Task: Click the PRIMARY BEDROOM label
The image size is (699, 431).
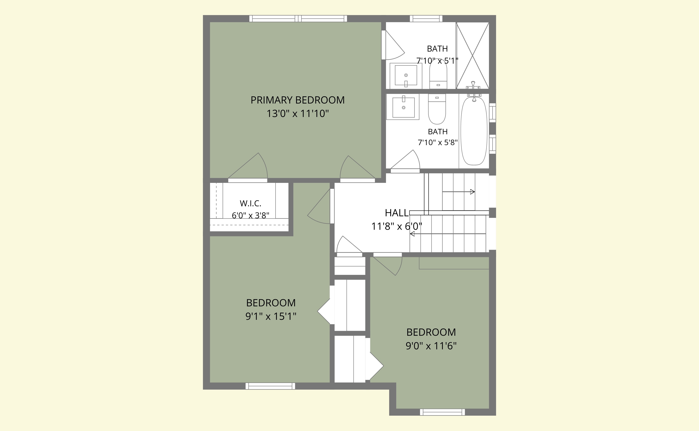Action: click(297, 100)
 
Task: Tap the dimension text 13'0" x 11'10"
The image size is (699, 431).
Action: click(297, 114)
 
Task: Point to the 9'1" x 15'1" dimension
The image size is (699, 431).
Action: click(271, 316)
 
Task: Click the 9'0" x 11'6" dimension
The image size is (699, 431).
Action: click(431, 346)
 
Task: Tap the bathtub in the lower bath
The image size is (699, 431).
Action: click(474, 131)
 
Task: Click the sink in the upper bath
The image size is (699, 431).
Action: click(406, 76)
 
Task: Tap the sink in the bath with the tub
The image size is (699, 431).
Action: click(403, 107)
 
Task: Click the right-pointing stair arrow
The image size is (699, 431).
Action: click(459, 192)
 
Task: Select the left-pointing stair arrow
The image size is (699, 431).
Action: click(448, 234)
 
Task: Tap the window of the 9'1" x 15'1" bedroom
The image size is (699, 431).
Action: click(270, 386)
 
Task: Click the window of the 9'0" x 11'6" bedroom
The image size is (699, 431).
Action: click(442, 412)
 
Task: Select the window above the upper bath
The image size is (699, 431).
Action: click(426, 19)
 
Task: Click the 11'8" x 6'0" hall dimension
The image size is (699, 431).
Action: click(397, 226)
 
